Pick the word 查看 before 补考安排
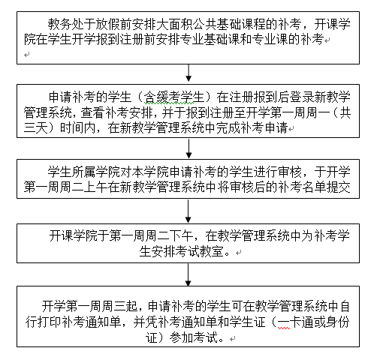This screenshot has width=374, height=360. tap(92, 113)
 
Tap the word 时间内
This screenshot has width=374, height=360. tap(77, 128)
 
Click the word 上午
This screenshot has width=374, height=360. tap(95, 187)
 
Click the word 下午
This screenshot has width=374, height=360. tap(181, 235)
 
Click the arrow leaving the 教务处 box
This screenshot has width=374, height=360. tap(189, 73)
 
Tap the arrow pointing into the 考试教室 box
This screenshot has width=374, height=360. tap(189, 211)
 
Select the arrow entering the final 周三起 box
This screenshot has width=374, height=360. tap(189, 274)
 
